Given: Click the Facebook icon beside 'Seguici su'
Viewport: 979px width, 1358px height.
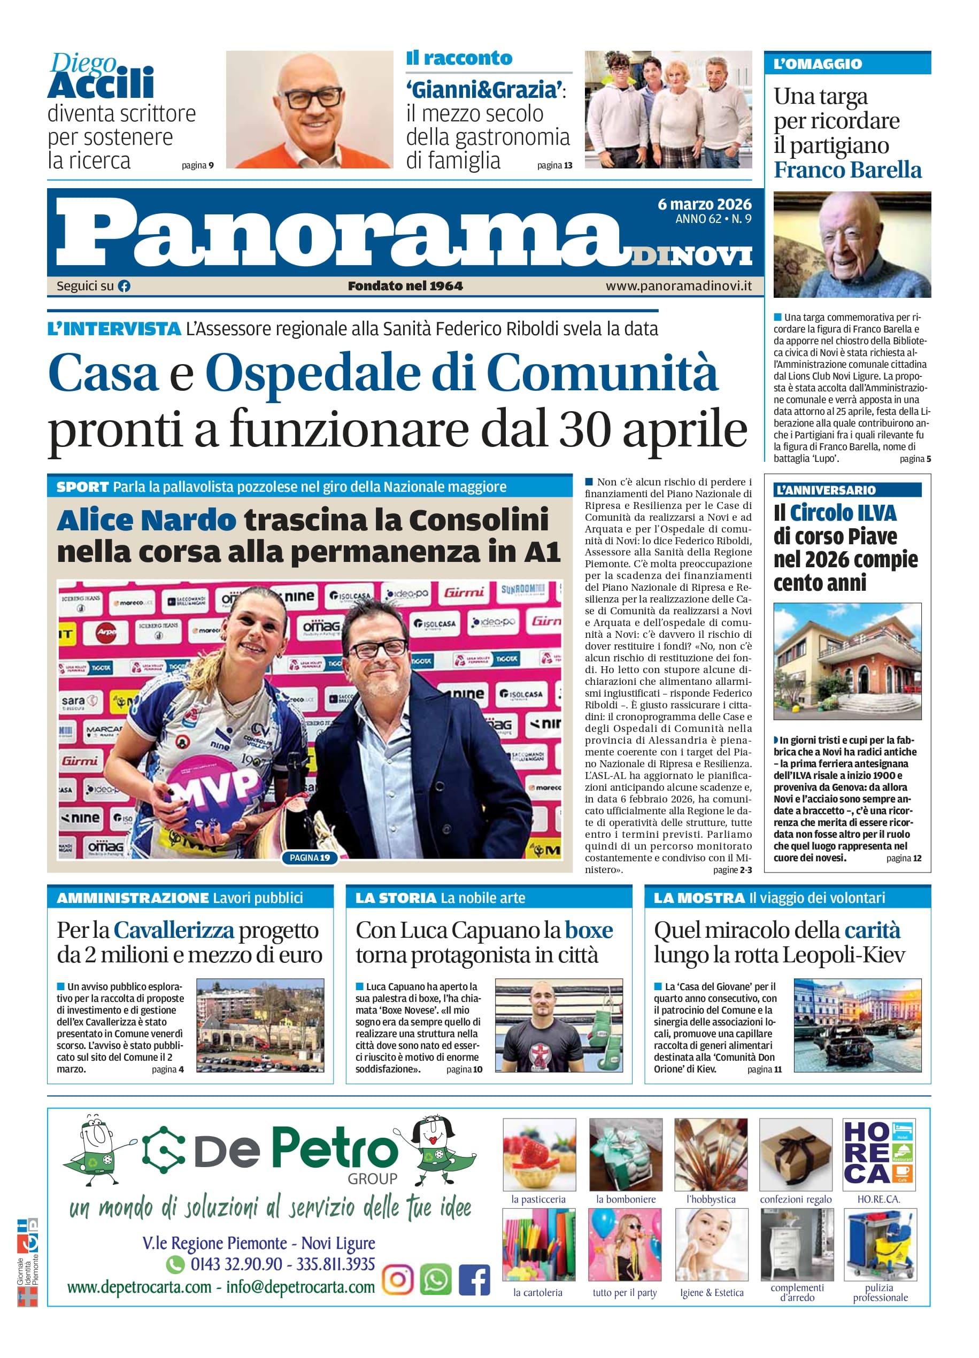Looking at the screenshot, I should [x=124, y=286].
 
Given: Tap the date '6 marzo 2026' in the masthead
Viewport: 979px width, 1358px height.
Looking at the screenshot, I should [x=704, y=204].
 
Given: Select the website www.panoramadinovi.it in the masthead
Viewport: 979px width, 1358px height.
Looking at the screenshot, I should [x=679, y=286].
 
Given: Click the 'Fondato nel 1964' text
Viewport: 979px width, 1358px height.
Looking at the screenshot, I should [x=405, y=286].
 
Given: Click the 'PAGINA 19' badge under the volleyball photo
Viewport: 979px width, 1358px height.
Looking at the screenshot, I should [x=310, y=858].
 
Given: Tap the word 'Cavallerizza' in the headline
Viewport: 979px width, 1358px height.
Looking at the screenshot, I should [x=174, y=930].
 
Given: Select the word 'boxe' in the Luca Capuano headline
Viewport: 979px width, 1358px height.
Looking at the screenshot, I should [x=589, y=930].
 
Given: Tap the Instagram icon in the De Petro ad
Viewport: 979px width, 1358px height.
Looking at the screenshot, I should [x=398, y=1279].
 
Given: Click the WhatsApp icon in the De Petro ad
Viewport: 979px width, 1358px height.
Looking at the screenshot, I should [x=435, y=1279].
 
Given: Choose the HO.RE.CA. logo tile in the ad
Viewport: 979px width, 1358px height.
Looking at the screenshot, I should [x=878, y=1154].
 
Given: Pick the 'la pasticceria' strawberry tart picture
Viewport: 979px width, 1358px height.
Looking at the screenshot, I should [x=539, y=1154].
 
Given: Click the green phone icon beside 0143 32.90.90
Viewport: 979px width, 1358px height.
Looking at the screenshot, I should [x=175, y=1264].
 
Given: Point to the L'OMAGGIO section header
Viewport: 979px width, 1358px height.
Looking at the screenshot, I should [x=818, y=64].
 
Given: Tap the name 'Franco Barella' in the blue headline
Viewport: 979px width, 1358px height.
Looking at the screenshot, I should [x=847, y=170].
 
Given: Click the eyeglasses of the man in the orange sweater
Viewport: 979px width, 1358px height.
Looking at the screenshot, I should [x=310, y=97].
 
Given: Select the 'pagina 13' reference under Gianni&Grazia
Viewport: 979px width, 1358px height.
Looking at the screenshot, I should [x=554, y=165].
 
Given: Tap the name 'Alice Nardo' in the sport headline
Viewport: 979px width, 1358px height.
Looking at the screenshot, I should [x=146, y=520].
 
